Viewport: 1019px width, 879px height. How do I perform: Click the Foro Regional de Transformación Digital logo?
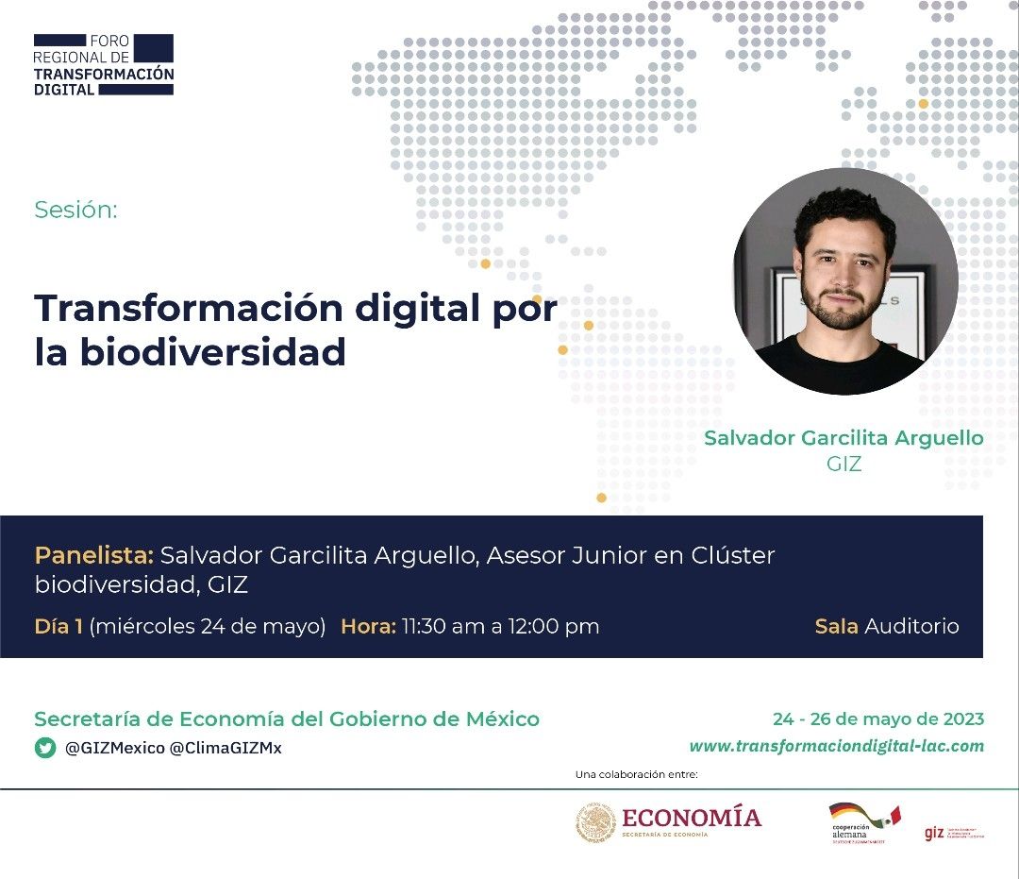click(104, 64)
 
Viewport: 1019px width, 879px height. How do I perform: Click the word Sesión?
click(75, 210)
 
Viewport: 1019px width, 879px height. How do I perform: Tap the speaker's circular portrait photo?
click(844, 281)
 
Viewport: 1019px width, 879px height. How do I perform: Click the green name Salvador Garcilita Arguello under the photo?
click(844, 438)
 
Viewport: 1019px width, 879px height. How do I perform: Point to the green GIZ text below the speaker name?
click(844, 465)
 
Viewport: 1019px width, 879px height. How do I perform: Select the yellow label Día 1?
click(58, 626)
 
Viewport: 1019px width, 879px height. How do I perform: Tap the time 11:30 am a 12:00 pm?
click(500, 626)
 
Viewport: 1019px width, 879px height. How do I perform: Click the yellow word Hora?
click(368, 626)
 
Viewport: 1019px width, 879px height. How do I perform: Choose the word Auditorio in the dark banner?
click(911, 626)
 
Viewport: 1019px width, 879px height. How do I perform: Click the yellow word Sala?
click(836, 626)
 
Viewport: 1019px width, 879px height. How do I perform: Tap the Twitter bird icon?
click(44, 748)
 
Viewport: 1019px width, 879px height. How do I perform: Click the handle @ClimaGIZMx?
click(226, 748)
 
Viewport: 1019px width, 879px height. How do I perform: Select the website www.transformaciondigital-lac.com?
click(836, 746)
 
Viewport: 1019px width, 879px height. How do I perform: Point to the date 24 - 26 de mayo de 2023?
click(877, 719)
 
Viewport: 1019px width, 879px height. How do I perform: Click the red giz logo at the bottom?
click(934, 834)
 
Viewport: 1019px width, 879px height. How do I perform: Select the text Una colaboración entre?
click(636, 775)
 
